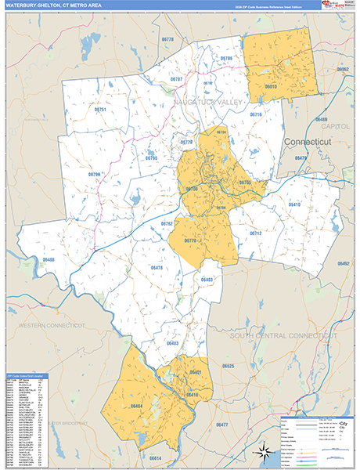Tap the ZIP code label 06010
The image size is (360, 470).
tap(272, 86)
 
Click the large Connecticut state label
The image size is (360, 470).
tap(308, 141)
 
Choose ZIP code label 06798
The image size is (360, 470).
tap(95, 174)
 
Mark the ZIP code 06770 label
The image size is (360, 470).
tap(189, 240)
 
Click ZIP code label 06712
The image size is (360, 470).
tap(256, 233)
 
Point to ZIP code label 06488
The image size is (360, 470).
tap(49, 259)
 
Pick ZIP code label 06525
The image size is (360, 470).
tap(228, 366)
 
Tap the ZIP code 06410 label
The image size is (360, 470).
tap(294, 204)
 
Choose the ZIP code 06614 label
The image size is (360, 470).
tap(154, 457)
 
